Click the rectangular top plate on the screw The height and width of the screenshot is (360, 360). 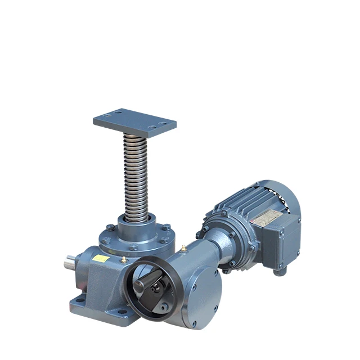pyautogui.click(x=134, y=121)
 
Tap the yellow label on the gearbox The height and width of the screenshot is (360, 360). pyautogui.click(x=101, y=258)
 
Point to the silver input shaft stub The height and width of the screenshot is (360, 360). pyautogui.click(x=70, y=262)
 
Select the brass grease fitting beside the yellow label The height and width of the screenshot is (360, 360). pyautogui.click(x=123, y=259)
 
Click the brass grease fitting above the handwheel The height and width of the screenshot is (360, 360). pyautogui.click(x=183, y=247)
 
